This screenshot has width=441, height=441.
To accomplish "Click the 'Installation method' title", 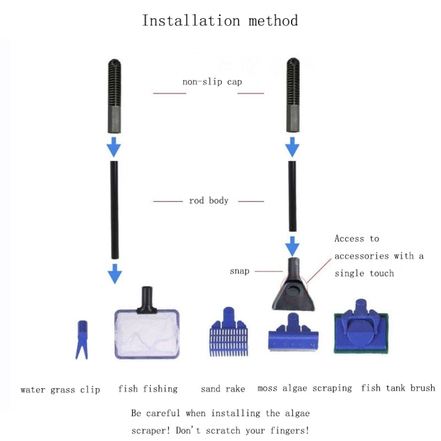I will pos(220,21).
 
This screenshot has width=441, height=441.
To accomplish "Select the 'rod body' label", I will pos(208,201).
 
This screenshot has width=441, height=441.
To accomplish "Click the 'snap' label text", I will pos(239,271).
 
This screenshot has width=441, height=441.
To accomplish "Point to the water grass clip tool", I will pos(81,339).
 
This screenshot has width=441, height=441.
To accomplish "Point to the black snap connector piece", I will pos(293,284).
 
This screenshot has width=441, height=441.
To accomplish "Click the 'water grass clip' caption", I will pos(60,390).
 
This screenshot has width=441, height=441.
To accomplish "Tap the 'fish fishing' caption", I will pos(148,389).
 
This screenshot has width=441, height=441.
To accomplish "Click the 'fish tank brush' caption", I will pos(398,388).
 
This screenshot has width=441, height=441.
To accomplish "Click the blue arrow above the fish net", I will pos(115,273).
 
